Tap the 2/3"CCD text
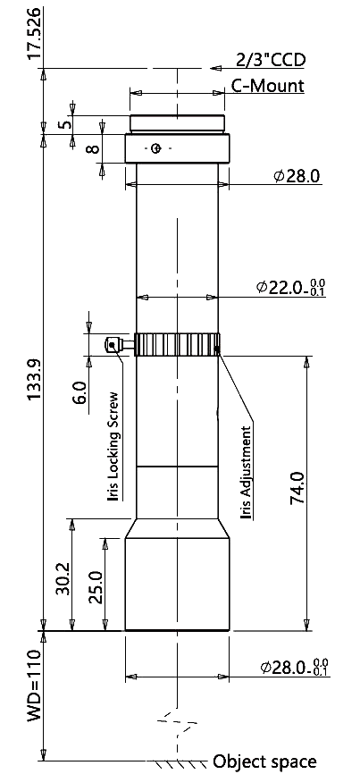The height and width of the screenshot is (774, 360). tap(271, 60)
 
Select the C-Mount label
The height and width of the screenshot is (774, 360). tap(268, 86)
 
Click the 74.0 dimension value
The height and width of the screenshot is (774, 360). tap(297, 488)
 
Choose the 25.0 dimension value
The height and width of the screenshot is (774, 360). tap(96, 587)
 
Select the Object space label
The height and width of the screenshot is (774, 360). tap(264, 761)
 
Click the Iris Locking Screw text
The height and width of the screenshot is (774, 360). tap(114, 446)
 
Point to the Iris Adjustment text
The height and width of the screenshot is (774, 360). tap(246, 473)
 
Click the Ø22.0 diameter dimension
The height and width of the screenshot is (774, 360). tap(291, 286)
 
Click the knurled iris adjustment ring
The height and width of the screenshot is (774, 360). tap(178, 345)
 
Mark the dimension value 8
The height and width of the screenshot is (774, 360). tap(93, 148)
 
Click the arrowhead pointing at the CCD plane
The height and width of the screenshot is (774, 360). tap(215, 68)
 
